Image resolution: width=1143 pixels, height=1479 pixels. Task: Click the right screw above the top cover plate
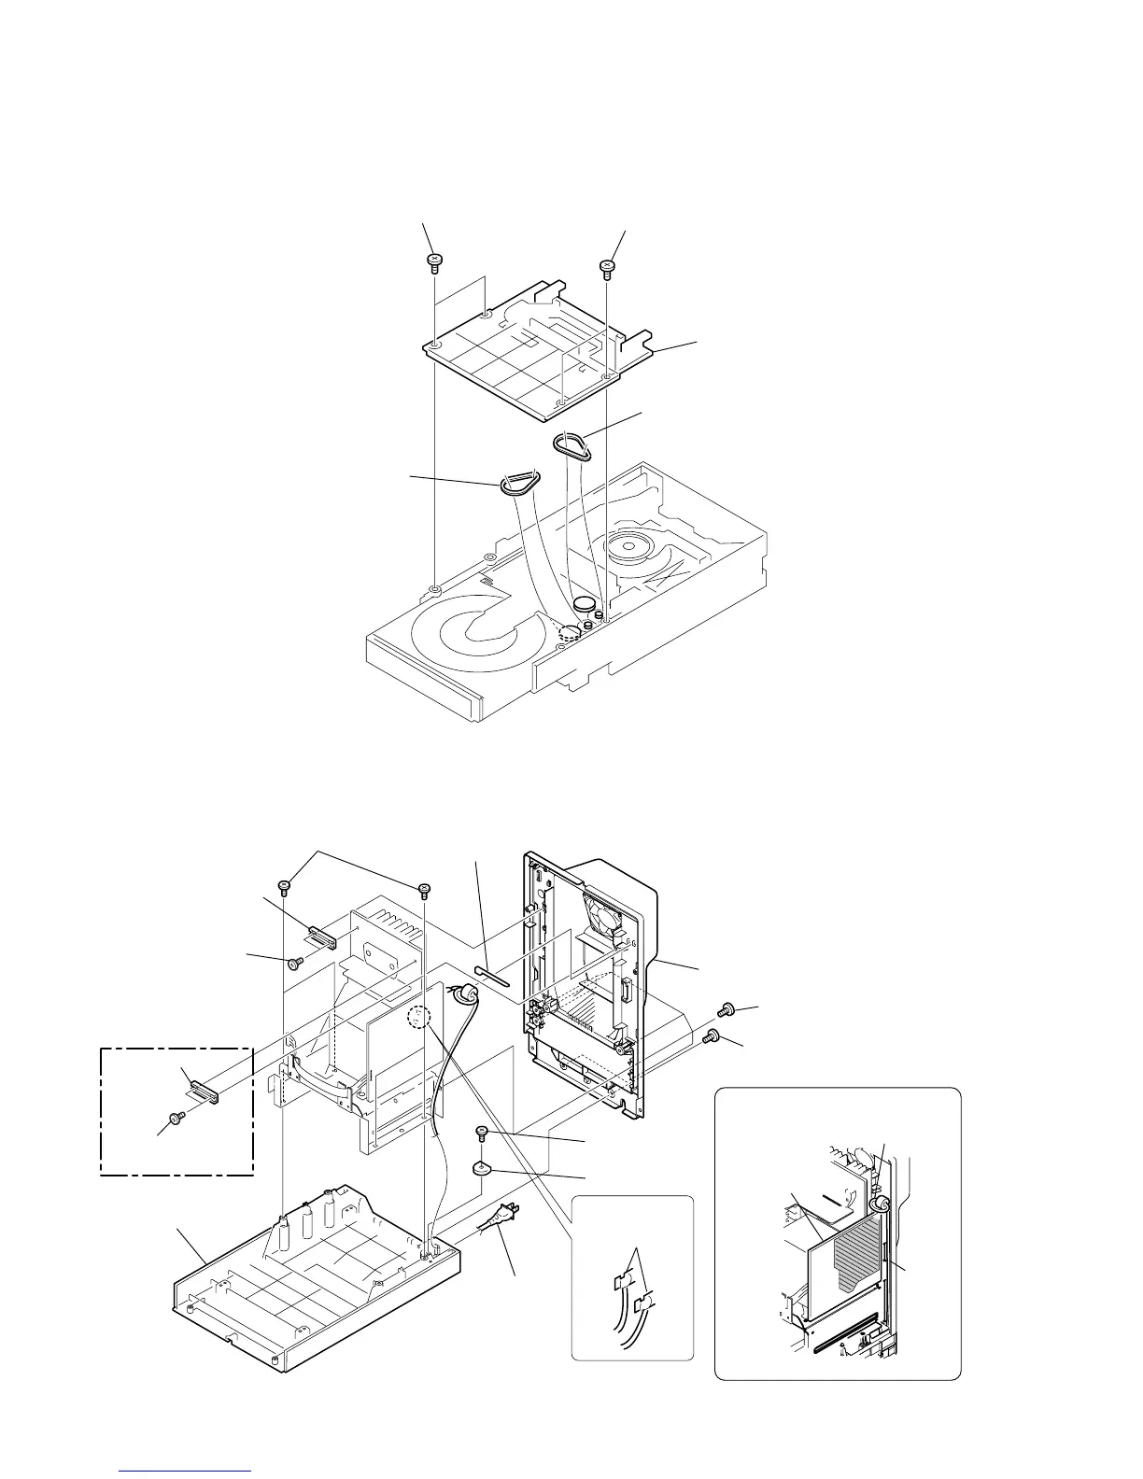(606, 267)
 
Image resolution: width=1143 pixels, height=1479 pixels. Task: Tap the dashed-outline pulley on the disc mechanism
(567, 632)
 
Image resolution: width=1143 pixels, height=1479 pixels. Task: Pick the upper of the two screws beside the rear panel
(725, 1009)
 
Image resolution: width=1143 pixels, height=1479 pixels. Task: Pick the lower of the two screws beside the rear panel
(713, 1035)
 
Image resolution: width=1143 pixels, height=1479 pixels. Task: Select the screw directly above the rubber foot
(483, 1133)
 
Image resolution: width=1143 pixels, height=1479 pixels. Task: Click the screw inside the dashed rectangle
(175, 1117)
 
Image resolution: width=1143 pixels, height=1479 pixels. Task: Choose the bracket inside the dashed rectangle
(204, 1090)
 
